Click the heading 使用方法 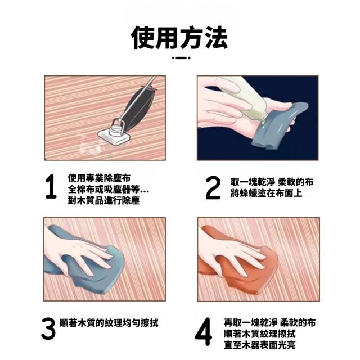179,38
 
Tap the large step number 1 51,186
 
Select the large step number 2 213,187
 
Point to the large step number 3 48,328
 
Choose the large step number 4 204,331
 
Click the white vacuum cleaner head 114,137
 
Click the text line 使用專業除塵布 99,178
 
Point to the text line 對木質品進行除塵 103,200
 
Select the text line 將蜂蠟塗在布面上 266,193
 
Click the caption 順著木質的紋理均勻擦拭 109,323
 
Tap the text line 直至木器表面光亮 260,345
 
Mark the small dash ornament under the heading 181,58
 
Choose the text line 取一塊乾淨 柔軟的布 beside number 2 272,182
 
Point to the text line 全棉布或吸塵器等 108,189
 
